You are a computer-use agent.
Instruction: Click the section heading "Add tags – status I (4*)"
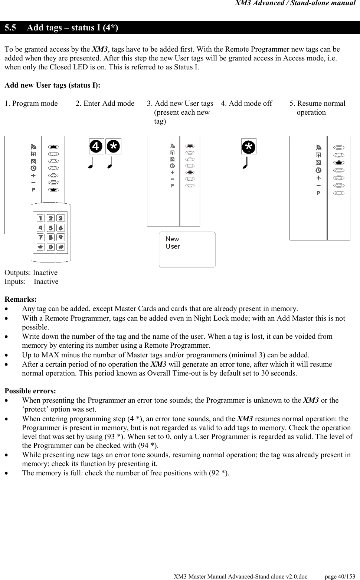73,28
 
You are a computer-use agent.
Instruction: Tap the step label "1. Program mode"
31,104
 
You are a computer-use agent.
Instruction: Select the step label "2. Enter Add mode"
105,104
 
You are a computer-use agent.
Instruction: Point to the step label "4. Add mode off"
246,104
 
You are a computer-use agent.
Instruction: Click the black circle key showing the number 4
96,147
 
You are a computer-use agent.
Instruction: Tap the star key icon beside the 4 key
113,147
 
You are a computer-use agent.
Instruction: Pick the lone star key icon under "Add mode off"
249,147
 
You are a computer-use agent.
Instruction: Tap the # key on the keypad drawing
60,247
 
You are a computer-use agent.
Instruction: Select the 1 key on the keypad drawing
41,218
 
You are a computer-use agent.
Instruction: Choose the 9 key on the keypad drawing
60,237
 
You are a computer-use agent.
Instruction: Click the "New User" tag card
187,249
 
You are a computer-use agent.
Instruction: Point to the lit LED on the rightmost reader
338,163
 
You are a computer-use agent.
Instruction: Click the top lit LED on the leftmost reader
53,147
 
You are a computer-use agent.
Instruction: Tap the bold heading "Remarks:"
20,299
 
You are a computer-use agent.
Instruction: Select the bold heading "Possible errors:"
30,391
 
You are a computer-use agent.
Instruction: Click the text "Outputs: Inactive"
31,273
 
